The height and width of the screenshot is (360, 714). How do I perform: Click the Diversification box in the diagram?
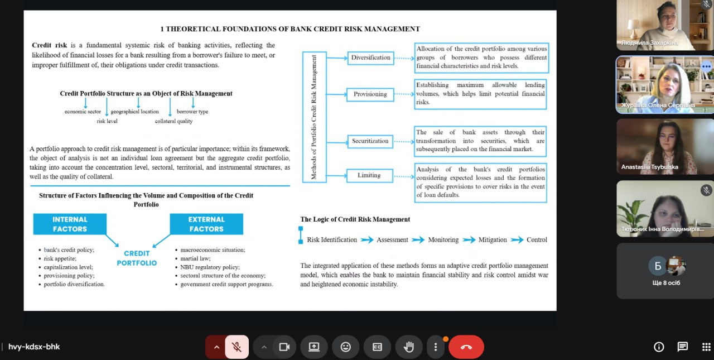point(370,57)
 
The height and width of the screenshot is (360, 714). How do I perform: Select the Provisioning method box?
point(370,94)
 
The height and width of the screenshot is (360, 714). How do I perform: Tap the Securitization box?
point(370,141)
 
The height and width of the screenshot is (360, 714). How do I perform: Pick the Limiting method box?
point(369,175)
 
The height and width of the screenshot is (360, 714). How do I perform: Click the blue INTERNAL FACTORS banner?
point(70,224)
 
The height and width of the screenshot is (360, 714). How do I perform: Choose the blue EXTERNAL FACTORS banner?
point(206,224)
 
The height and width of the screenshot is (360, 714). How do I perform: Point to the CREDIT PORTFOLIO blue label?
point(137,258)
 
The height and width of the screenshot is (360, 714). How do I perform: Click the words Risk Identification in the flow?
point(332,240)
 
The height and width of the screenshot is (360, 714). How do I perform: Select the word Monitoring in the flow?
point(443,240)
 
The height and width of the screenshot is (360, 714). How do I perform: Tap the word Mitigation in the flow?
point(493,240)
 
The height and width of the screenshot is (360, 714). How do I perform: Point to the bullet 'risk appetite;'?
point(60,258)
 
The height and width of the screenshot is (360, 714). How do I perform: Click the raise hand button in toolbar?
point(409,347)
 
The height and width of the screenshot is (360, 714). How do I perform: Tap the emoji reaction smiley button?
point(345,347)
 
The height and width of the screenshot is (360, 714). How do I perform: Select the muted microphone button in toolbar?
point(237,347)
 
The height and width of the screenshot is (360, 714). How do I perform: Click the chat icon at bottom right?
point(682,347)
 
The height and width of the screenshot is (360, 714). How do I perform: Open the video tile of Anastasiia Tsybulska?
point(664,146)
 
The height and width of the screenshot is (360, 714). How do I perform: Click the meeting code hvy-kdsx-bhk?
point(34,347)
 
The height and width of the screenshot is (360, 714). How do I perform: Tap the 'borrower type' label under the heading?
point(192,112)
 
